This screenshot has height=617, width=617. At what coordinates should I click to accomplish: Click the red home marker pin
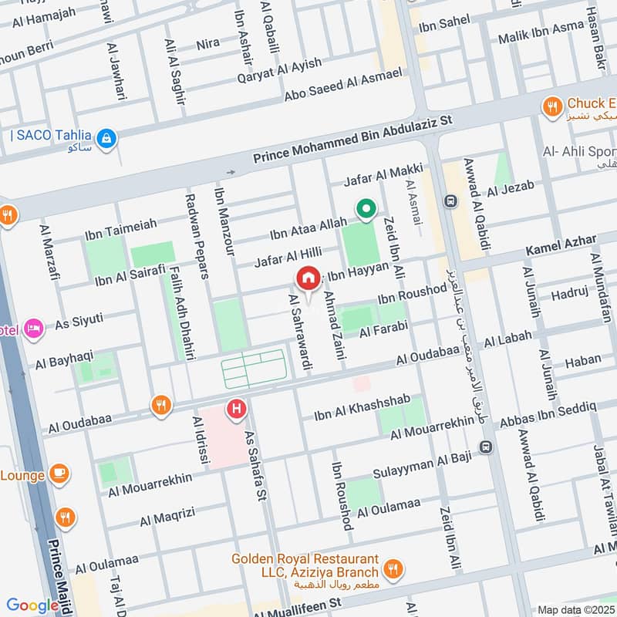(308, 277)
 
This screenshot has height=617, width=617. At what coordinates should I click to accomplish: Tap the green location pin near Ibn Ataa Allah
(365, 209)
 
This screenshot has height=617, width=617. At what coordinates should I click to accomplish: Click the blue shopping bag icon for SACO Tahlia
(107, 138)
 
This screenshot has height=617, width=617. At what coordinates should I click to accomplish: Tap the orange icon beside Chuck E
(551, 106)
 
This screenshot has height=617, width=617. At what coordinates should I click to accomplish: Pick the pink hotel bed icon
(32, 329)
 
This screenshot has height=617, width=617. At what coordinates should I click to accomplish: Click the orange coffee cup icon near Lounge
(59, 472)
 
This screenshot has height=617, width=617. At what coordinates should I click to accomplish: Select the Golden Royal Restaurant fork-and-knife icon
(393, 570)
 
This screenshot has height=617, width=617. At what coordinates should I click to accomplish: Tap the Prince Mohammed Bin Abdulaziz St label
(356, 139)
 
